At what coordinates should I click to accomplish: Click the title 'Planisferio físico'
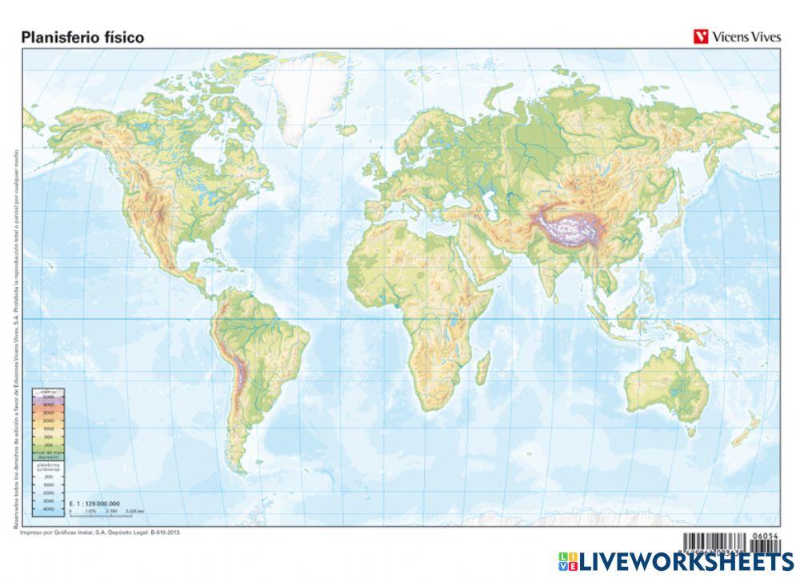click(x=82, y=37)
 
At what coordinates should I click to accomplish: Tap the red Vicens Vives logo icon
click(x=701, y=37)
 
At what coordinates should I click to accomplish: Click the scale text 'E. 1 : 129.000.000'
click(x=94, y=503)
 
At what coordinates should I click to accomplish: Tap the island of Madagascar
click(x=483, y=371)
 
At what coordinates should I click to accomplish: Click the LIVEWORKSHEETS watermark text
click(x=686, y=561)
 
